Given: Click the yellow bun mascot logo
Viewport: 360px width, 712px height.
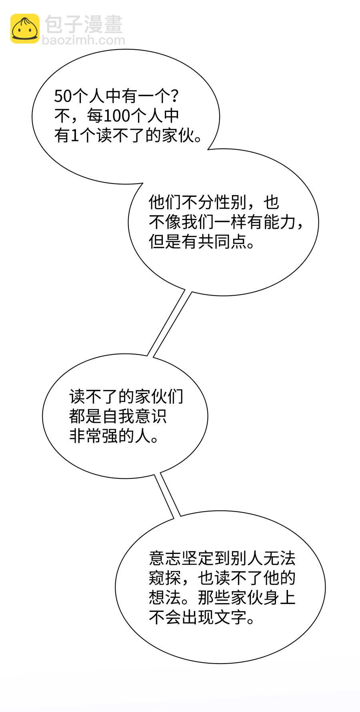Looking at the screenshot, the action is tap(25, 28).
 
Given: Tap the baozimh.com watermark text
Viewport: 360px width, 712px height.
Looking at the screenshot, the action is tap(83, 40).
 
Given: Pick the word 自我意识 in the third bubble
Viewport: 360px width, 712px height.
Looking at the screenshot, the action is tap(134, 416).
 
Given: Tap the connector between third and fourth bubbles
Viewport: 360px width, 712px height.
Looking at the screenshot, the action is tap(168, 494).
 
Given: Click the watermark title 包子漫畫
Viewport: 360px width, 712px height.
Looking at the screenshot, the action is tap(84, 24).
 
